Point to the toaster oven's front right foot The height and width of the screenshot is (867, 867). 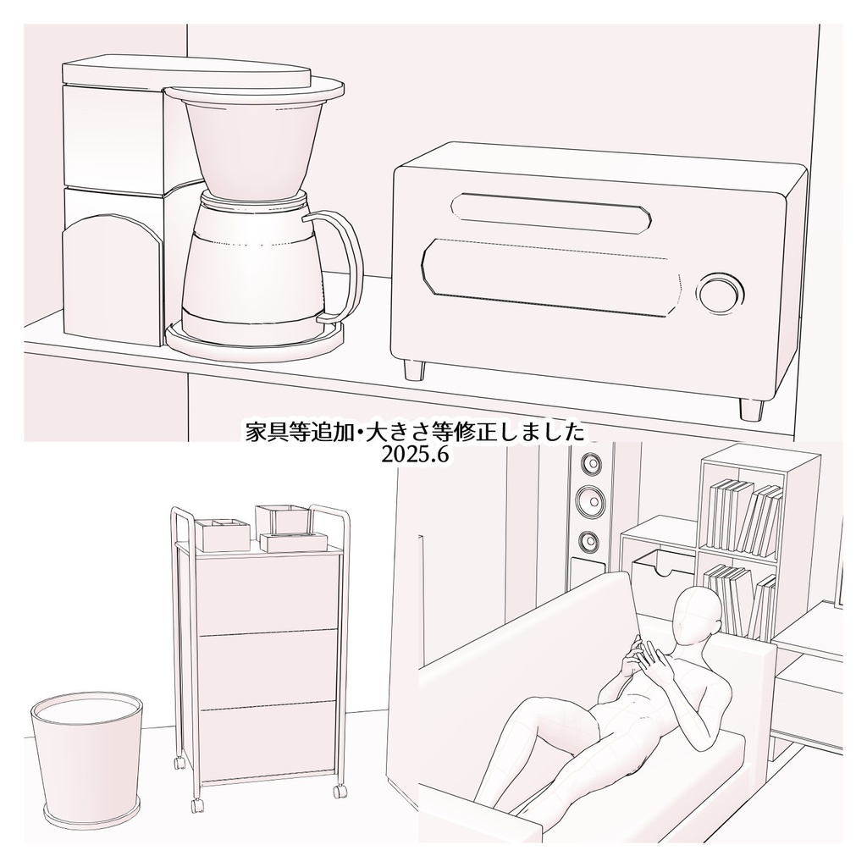[x=750, y=407]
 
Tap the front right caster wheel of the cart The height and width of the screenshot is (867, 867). [x=340, y=792]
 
